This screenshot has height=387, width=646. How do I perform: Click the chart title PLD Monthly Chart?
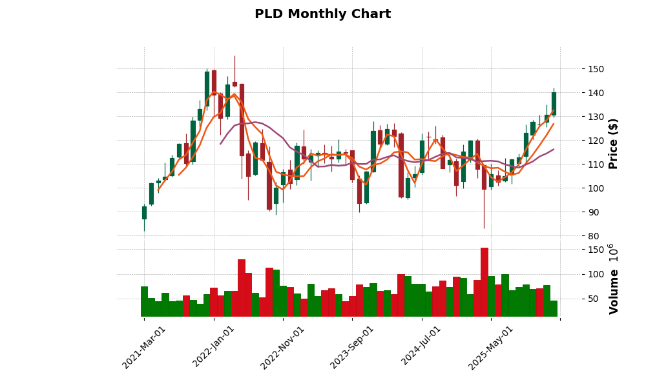coord(322,14)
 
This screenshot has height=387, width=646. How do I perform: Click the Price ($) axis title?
coord(614,143)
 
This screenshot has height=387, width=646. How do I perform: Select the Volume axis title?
coord(614,279)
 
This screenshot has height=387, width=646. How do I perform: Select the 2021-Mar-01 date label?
coord(144,347)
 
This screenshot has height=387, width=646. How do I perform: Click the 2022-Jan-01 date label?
coord(214,347)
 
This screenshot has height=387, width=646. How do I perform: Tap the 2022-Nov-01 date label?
coord(283,347)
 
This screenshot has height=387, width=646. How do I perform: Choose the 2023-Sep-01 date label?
coord(352,347)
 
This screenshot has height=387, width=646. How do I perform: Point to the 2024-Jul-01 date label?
coord(422,347)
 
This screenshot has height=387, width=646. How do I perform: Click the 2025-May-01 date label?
coord(491,347)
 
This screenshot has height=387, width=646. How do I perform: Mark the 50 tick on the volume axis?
coord(593,299)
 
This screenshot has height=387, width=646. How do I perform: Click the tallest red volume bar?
coord(484,283)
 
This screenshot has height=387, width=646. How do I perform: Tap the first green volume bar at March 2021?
coord(144,301)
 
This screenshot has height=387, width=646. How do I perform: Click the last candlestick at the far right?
coord(554,104)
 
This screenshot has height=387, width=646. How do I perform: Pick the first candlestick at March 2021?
coord(144,213)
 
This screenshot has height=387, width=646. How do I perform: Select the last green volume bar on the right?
coord(554,308)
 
